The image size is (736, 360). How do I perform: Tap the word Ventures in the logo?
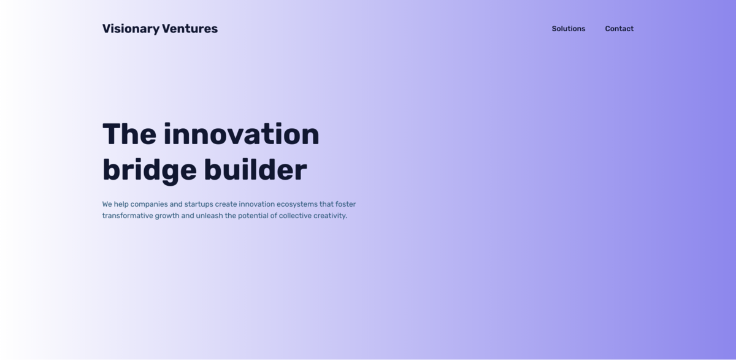[x=190, y=29]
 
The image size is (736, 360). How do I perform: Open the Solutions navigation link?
[x=569, y=29]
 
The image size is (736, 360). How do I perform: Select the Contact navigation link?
[x=619, y=29]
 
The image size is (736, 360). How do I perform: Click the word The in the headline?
[x=129, y=134]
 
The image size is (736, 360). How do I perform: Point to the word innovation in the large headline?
[x=242, y=134]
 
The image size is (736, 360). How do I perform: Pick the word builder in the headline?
[x=255, y=170]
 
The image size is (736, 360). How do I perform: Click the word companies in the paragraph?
[x=149, y=204]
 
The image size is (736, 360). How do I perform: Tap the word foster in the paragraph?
[x=345, y=204]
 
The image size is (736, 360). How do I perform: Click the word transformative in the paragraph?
[x=127, y=216]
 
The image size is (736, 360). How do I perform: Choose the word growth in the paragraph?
[x=167, y=216]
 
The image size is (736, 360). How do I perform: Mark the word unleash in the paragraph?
[x=209, y=216]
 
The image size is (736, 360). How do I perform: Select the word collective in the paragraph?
[x=295, y=216]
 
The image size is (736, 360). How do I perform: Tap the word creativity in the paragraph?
[x=330, y=216]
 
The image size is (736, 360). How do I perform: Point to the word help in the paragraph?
[x=121, y=204]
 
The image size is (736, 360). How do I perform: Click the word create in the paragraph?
[x=226, y=204]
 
